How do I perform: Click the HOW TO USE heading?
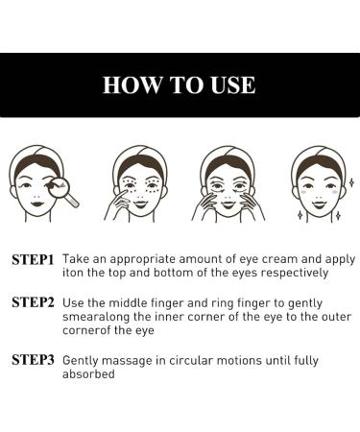tap(180, 84)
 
